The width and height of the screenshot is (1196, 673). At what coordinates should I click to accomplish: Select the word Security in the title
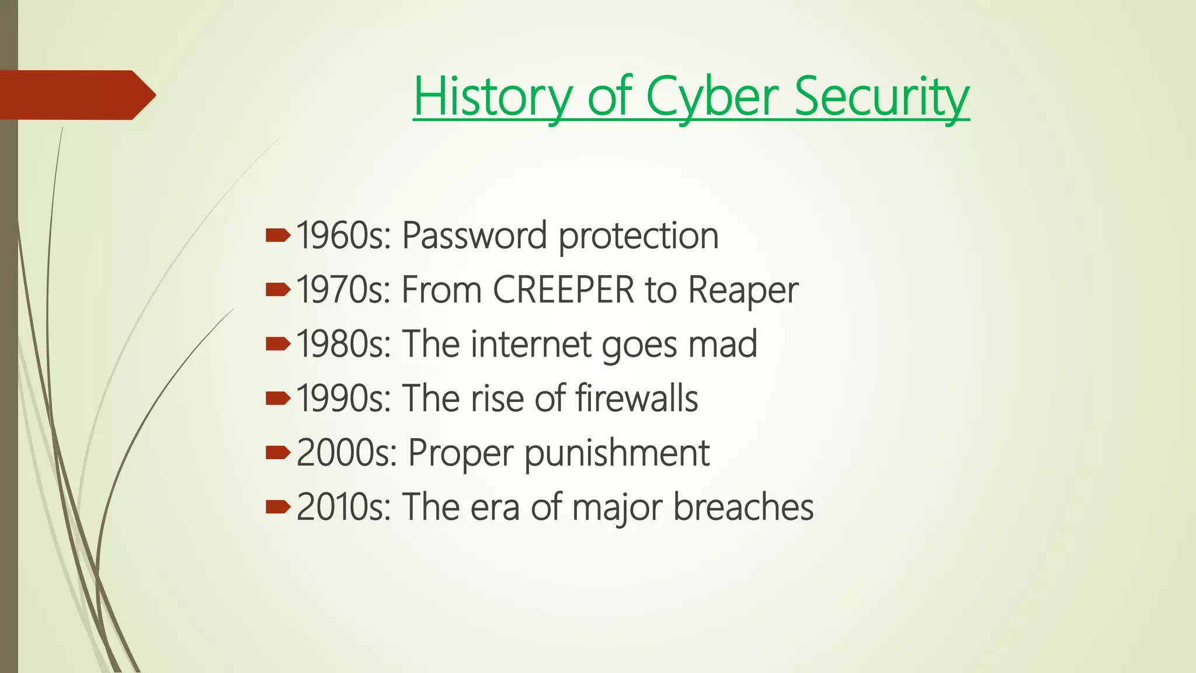tap(881, 96)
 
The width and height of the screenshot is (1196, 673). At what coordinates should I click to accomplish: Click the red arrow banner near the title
tap(76, 95)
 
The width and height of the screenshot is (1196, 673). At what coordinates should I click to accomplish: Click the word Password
tap(475, 236)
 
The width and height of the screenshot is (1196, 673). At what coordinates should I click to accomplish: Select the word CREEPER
tap(564, 290)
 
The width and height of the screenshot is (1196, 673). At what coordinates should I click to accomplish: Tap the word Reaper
tap(743, 290)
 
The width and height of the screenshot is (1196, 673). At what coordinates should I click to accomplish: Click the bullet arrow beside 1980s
tap(277, 344)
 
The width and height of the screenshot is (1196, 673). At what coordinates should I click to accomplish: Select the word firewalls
tap(637, 398)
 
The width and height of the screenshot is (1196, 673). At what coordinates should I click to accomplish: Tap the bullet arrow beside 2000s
tap(277, 452)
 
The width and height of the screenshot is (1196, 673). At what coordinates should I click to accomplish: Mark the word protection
tap(638, 236)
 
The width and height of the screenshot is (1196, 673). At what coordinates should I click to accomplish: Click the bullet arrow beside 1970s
tap(277, 289)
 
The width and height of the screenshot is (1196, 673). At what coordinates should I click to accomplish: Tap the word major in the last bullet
tap(617, 507)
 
